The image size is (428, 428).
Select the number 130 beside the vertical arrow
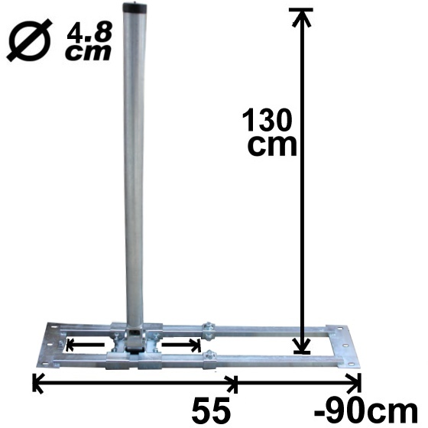click(267, 121)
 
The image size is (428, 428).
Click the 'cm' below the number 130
click(271, 145)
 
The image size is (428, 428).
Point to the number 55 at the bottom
click(211, 411)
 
